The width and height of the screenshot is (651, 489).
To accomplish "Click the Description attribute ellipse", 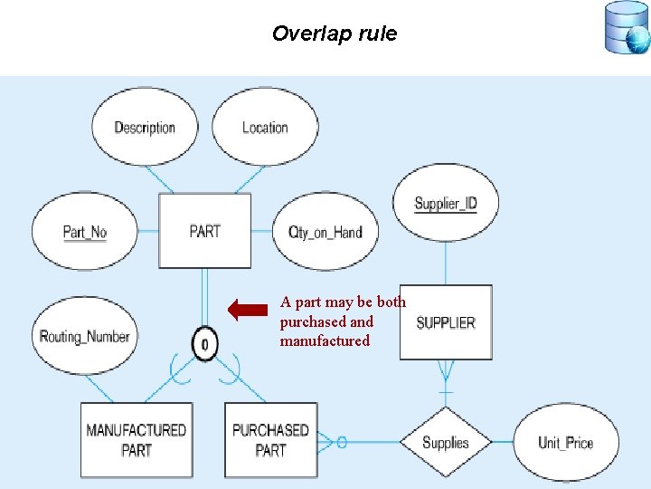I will point(145,127).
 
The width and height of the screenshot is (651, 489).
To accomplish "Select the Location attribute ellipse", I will point(264,127).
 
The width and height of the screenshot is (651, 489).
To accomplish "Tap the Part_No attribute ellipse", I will point(84,232).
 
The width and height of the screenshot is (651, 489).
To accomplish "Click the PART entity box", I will point(205,231).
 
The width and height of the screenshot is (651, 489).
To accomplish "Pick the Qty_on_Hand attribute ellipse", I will point(325,232).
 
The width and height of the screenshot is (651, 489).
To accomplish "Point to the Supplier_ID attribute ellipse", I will point(445,203).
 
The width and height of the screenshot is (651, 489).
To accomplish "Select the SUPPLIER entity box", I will point(446,322).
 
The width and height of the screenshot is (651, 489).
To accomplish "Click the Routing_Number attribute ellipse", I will point(84,336).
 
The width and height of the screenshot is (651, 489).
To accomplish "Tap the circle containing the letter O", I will point(205,344).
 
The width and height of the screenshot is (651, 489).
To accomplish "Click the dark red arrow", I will point(248,311).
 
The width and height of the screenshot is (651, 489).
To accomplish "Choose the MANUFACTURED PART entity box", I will point(137,440).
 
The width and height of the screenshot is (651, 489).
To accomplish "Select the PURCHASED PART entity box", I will point(270,440).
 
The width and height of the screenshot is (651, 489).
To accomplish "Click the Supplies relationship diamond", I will point(446,442).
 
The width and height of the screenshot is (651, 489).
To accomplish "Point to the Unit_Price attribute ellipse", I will point(565,442).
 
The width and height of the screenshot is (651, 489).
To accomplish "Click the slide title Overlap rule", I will point(335,34).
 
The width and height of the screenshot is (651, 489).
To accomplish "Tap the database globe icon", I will point(627,28).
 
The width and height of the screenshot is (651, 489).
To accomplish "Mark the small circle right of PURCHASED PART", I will point(341,442).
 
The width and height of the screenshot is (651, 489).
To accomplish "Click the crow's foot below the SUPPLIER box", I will point(446,371).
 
